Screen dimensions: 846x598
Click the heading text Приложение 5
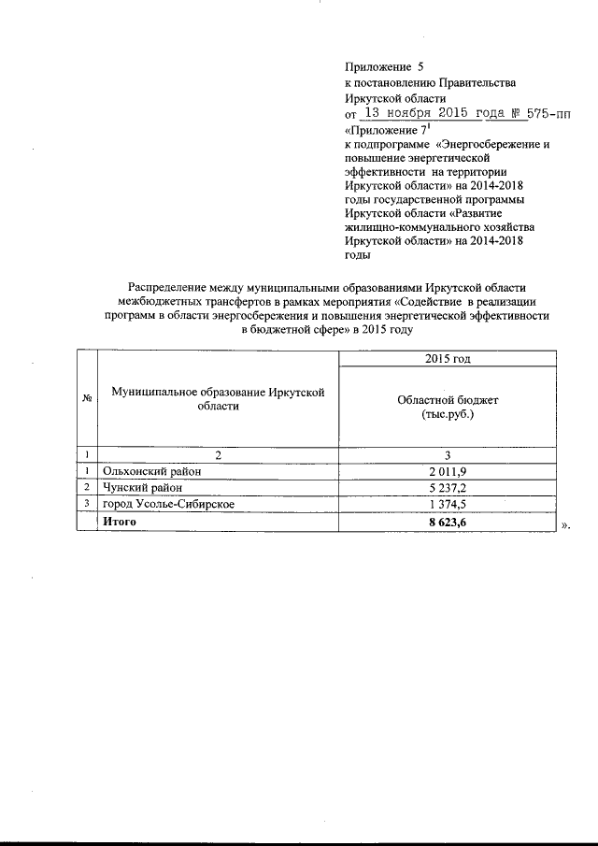377,67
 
